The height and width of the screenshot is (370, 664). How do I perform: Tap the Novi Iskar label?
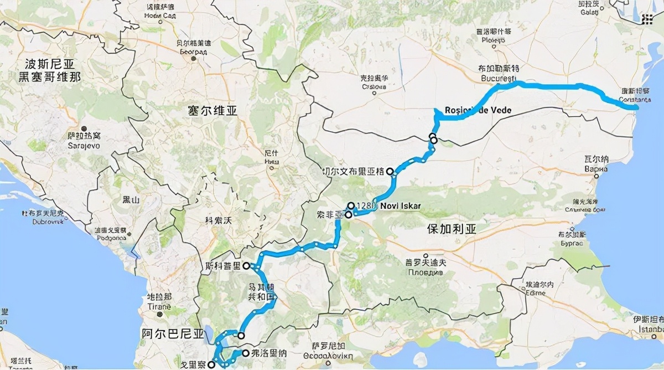tap(400, 206)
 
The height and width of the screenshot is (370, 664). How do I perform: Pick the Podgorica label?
tap(111, 239)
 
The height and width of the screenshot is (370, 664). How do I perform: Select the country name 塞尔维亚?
tap(212, 111)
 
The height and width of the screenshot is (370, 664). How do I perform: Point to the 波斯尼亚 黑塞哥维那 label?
tap(50, 70)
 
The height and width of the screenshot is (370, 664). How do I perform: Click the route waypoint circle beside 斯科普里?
tap(246, 265)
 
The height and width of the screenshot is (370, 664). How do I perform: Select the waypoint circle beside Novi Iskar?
tap(351, 205)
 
